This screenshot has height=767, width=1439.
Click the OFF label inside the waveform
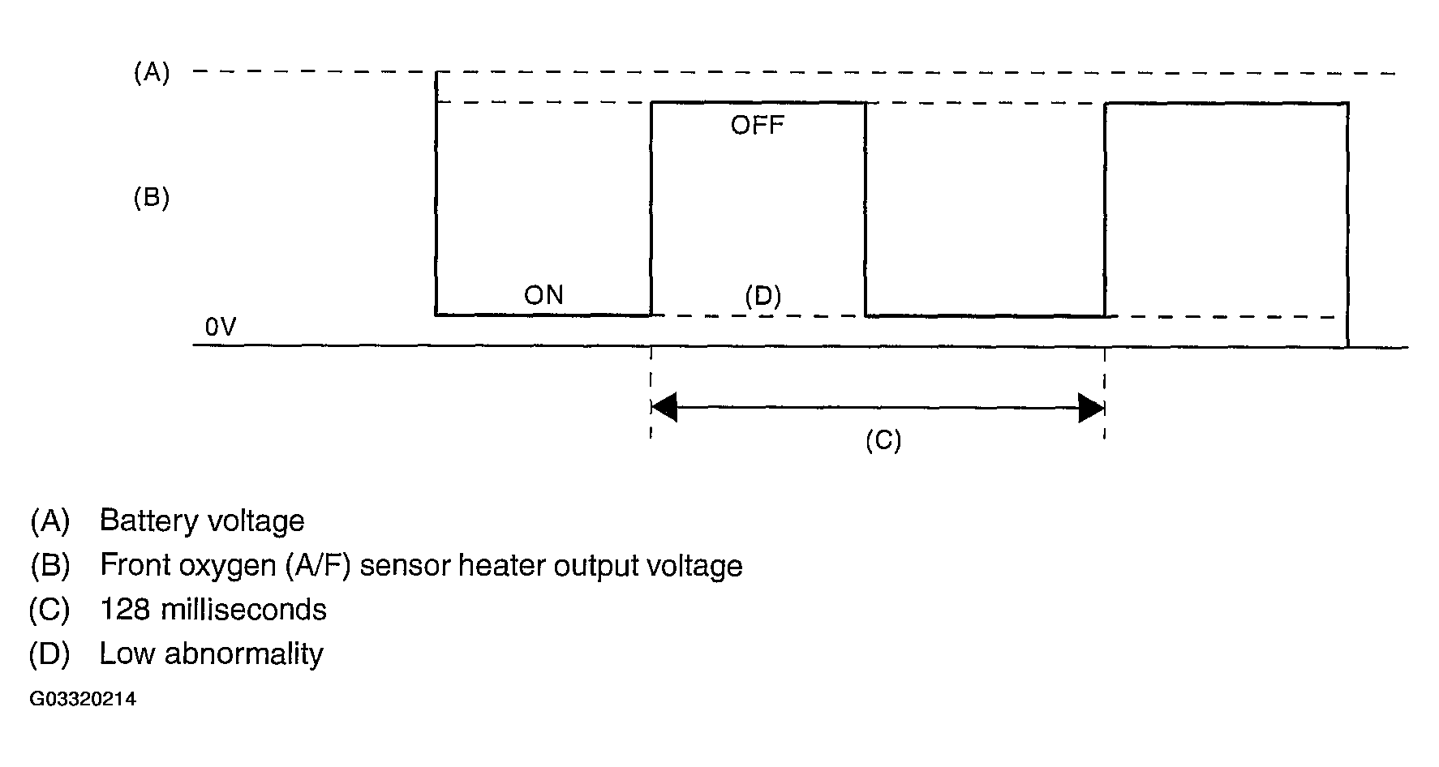click(757, 126)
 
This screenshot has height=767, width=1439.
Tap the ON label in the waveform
click(543, 295)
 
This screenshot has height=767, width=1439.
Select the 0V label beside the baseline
click(221, 327)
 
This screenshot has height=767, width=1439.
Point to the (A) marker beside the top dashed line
click(152, 73)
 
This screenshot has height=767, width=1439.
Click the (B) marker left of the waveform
click(152, 199)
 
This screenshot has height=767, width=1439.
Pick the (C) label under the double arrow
click(883, 440)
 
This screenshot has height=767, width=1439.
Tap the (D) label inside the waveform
click(763, 296)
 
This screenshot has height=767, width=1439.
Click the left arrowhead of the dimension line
click(664, 408)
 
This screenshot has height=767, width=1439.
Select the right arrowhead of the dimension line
click(1091, 408)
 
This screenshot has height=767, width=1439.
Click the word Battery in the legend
click(146, 521)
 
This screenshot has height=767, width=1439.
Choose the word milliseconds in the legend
click(244, 610)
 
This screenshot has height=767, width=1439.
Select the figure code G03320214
click(83, 700)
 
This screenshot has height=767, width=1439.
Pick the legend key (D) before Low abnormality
click(49, 654)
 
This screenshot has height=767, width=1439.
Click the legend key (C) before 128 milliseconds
click(49, 610)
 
